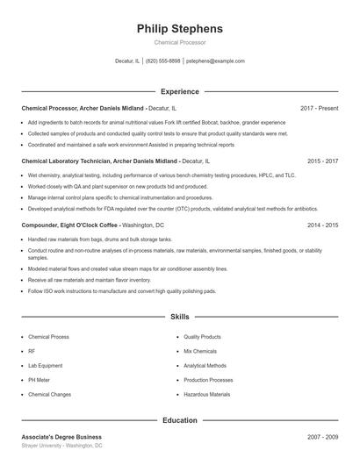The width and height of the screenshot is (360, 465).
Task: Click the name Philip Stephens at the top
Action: tap(180, 29)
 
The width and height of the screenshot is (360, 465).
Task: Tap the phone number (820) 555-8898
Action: tap(162, 61)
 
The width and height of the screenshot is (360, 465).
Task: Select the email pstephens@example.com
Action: tap(215, 61)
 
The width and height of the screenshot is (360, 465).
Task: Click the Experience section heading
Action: tap(180, 91)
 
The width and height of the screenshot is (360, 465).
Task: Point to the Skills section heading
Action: tap(180, 316)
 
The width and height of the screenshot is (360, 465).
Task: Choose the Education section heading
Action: tap(180, 420)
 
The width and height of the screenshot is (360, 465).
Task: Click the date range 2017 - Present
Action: tap(319, 108)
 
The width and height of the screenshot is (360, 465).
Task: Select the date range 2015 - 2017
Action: tap(322, 161)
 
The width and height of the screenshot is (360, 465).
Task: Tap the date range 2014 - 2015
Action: tap(322, 225)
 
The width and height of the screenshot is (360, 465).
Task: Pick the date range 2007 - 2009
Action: tap(322, 436)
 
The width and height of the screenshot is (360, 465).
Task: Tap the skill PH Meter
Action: tap(40, 380)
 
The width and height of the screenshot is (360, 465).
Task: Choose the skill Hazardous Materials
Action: tap(207, 395)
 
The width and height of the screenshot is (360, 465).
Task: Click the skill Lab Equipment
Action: tap(46, 366)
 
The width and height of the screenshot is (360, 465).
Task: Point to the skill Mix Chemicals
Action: tap(200, 351)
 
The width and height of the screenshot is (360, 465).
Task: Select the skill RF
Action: tap(32, 351)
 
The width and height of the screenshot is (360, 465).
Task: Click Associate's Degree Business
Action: tap(61, 436)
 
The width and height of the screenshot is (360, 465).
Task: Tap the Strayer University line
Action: tap(61, 446)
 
